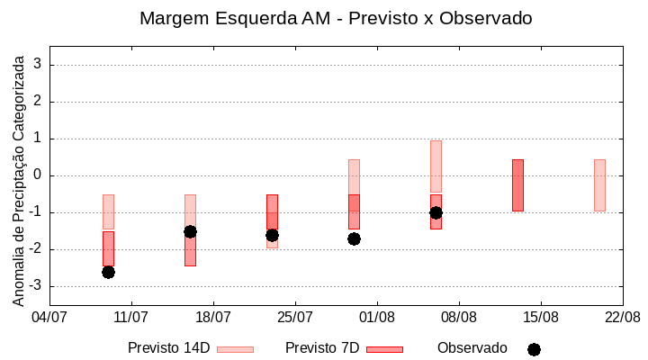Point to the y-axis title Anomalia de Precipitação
[18, 178]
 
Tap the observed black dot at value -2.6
[108, 272]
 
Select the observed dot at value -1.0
[436, 212]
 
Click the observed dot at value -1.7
[354, 238]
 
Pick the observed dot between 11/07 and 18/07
[190, 231]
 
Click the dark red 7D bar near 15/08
[517, 185]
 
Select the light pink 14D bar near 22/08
[599, 185]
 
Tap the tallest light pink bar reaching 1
[436, 166]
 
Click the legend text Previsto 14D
[168, 348]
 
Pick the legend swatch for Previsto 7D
[384, 349]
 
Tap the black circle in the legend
[534, 349]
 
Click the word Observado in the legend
[472, 348]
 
